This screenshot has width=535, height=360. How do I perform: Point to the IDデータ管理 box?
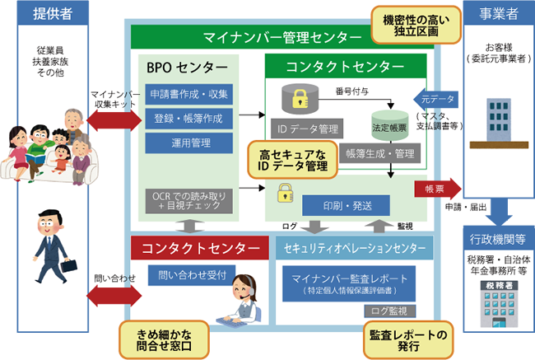pyautogui.click(x=304, y=129)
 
